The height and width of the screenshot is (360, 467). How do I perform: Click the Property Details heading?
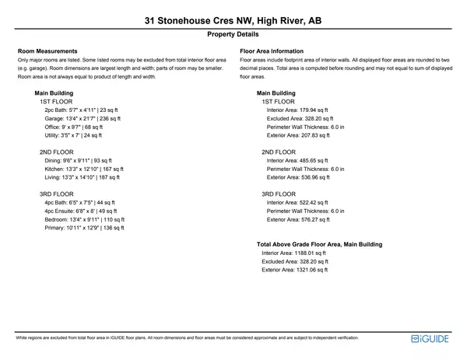pyautogui.click(x=233, y=35)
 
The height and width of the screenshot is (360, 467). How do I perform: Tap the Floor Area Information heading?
pyautogui.click(x=272, y=51)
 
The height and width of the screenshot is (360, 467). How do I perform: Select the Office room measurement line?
pyautogui.click(x=73, y=127)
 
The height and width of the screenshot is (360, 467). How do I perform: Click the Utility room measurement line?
pyautogui.click(x=73, y=135)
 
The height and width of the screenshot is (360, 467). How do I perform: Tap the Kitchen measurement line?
pyautogui.click(x=84, y=169)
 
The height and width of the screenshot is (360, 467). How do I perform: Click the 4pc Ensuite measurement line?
pyautogui.click(x=80, y=211)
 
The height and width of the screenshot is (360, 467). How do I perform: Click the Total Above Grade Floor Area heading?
pyautogui.click(x=319, y=244)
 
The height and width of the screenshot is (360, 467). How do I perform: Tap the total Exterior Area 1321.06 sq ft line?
pyautogui.click(x=295, y=270)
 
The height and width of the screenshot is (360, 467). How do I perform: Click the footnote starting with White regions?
pyautogui.click(x=187, y=339)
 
